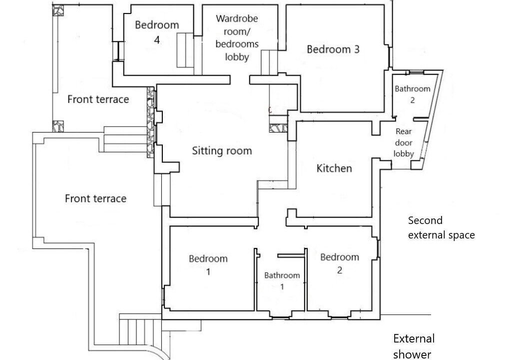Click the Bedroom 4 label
[x=157, y=32]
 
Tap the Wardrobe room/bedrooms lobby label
[x=237, y=37]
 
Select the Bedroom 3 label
[x=333, y=49]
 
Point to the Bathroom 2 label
[x=412, y=94]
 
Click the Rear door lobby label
[x=404, y=142]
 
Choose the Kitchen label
[x=334, y=168]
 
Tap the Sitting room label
[x=222, y=151]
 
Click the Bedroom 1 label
[x=208, y=264]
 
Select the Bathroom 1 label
[x=282, y=280]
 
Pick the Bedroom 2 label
[x=340, y=263]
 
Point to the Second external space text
[x=441, y=227]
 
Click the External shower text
[x=414, y=346]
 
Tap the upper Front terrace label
[x=98, y=99]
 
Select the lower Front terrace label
[x=95, y=198]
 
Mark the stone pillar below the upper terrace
[x=58, y=126]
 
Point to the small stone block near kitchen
[x=278, y=128]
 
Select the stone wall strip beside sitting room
[x=151, y=122]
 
